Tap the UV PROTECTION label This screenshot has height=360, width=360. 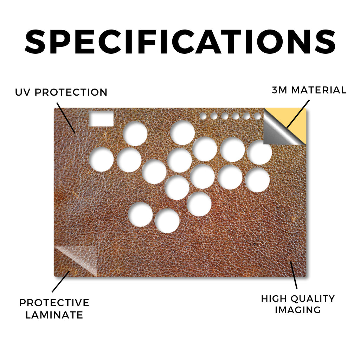click(61, 92)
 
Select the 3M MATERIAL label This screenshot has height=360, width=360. click(309, 90)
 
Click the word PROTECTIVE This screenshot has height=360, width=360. click(54, 303)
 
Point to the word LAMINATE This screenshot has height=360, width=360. click(54, 315)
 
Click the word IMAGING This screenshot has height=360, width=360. click(298, 310)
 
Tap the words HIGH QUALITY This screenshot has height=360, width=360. click(298, 299)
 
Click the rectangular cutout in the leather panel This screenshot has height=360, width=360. click(101, 119)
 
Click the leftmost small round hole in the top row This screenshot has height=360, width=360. click(203, 116)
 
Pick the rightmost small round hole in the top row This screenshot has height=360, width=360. click(257, 116)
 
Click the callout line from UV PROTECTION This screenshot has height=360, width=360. click(66, 118)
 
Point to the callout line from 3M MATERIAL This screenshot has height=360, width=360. click(298, 114)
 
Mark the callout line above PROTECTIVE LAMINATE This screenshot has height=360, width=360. click(61, 282)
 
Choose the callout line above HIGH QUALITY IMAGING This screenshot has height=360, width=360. click(294, 275)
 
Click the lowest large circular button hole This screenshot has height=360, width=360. click(167, 221)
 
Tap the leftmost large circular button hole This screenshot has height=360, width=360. click(101, 159)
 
